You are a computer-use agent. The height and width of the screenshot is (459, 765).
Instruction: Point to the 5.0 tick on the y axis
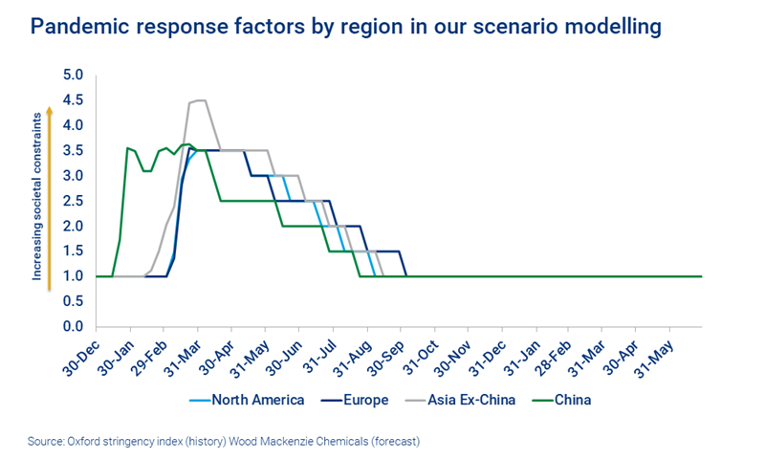(x=74, y=75)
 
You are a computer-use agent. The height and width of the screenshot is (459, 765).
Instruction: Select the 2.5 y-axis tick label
(x=74, y=201)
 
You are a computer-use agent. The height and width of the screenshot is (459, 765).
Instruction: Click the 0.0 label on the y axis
(x=74, y=327)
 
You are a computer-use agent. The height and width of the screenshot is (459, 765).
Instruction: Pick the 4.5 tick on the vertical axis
(x=74, y=100)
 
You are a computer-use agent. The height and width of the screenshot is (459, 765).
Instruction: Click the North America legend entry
(x=257, y=400)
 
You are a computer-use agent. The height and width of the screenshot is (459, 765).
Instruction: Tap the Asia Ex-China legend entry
(x=471, y=400)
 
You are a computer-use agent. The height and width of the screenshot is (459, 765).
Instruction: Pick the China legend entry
(x=571, y=400)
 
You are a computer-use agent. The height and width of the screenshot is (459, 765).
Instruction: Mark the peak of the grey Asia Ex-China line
(x=198, y=100)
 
